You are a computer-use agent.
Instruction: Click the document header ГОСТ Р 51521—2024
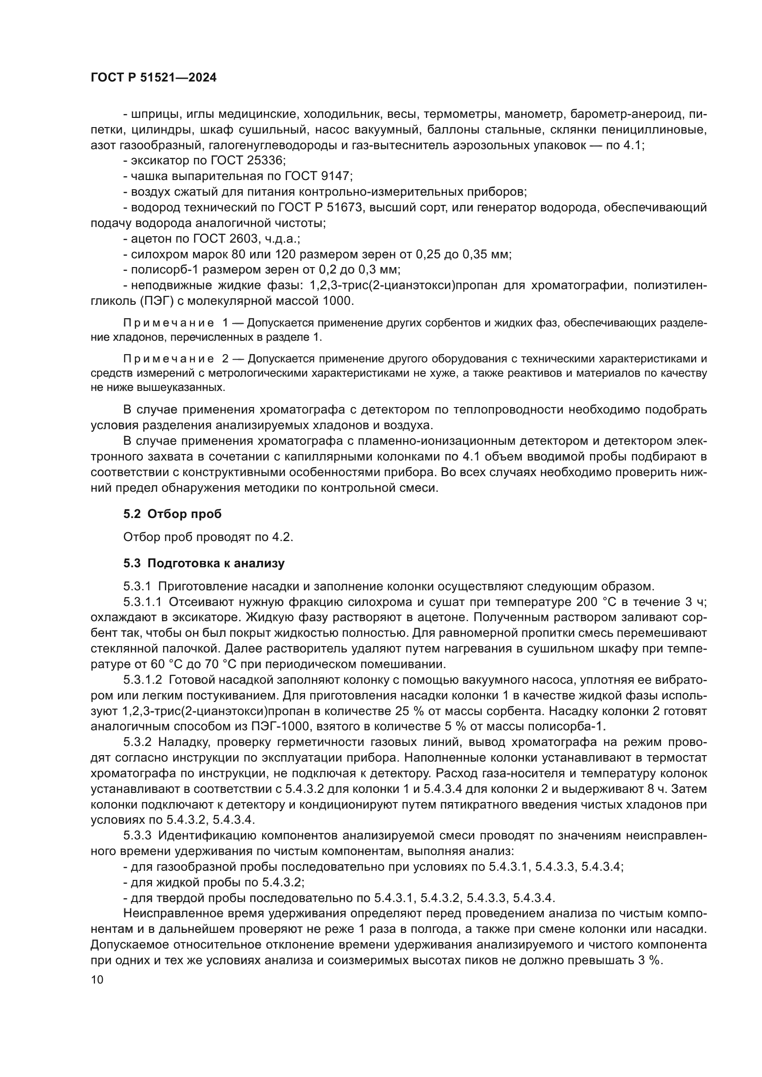tap(153, 78)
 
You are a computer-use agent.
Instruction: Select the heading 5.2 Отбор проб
tap(172, 514)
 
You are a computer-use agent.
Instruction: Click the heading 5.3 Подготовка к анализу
tap(204, 563)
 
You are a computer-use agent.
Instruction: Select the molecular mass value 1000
tap(337, 301)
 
